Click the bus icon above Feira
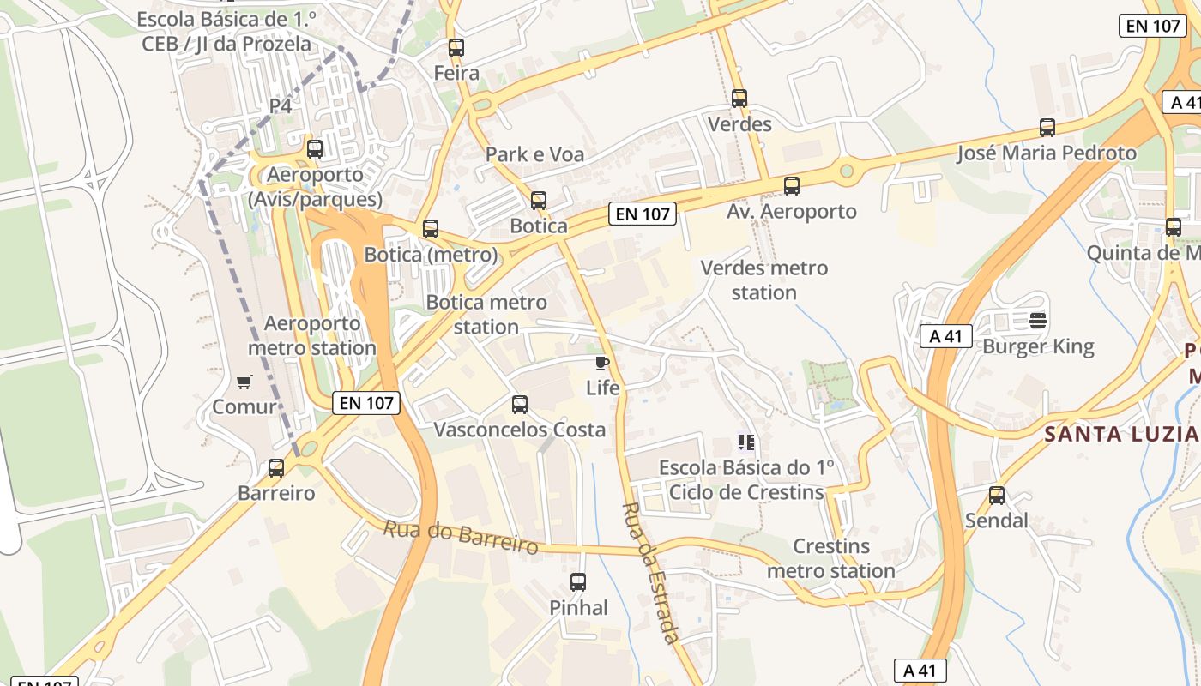pos(456,48)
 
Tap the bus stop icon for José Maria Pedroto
pos(1047,128)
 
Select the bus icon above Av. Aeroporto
pos(792,185)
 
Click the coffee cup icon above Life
pos(602,363)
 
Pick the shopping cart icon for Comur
pos(244,382)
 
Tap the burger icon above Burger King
pos(1038,322)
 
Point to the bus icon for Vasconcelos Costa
pos(520,405)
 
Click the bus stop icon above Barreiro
pos(276,468)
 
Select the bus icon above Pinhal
pos(578,582)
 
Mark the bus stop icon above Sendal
pos(997,495)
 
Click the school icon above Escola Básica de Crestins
pos(745,442)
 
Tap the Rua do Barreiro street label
pos(461,537)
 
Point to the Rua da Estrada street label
pos(650,572)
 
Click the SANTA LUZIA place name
pos(1121,434)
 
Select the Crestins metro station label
pos(831,558)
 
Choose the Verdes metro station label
pos(764,280)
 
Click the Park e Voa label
pos(534,154)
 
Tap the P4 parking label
pos(281,105)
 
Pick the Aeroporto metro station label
pos(312,336)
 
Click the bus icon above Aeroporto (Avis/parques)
pos(315,149)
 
